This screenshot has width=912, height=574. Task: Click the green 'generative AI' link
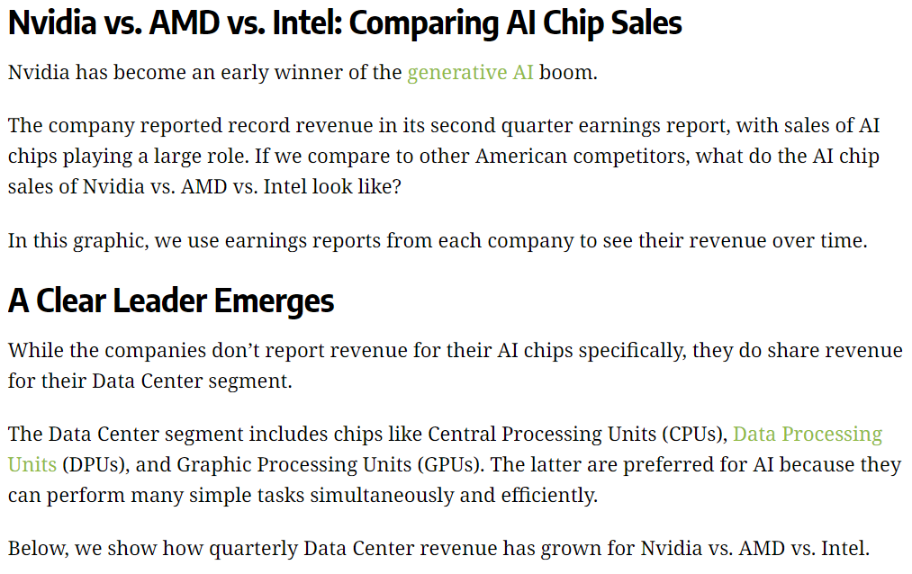(x=470, y=73)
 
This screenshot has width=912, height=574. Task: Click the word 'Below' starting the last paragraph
(x=36, y=548)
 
